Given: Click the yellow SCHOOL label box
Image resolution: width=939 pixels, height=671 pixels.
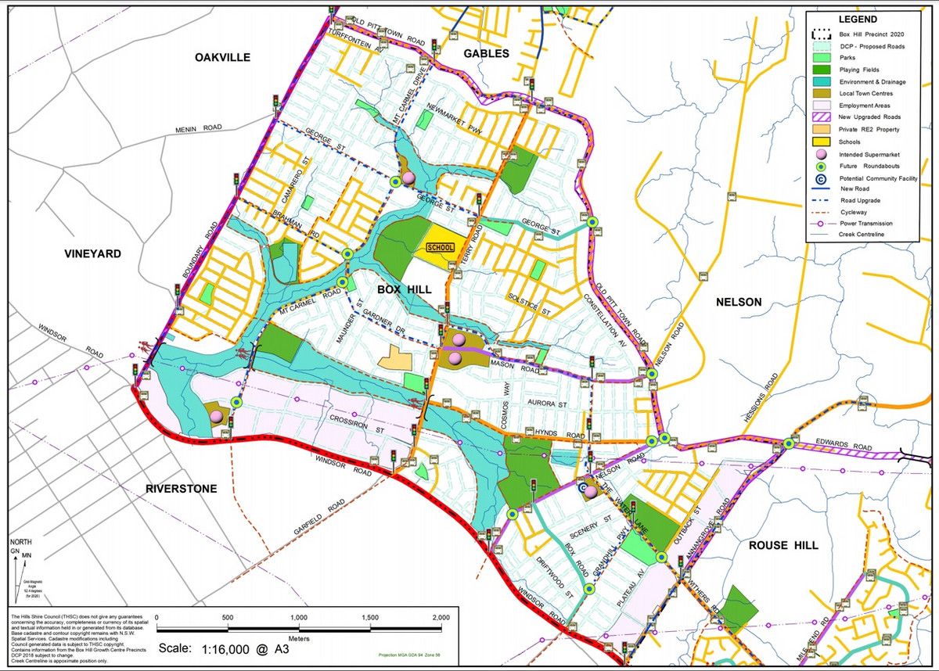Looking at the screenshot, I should click(440, 247).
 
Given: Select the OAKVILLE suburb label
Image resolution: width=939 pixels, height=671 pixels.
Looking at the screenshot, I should click(223, 57).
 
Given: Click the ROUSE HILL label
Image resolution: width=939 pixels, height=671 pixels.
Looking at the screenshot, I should click(783, 545).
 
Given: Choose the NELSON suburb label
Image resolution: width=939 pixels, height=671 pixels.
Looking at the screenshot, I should click(739, 302).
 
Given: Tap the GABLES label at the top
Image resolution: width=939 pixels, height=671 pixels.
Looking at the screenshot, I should click(486, 54).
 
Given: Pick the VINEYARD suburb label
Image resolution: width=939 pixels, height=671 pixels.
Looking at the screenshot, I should click(92, 254).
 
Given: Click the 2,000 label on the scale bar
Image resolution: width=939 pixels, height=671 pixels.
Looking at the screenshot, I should click(441, 617).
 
